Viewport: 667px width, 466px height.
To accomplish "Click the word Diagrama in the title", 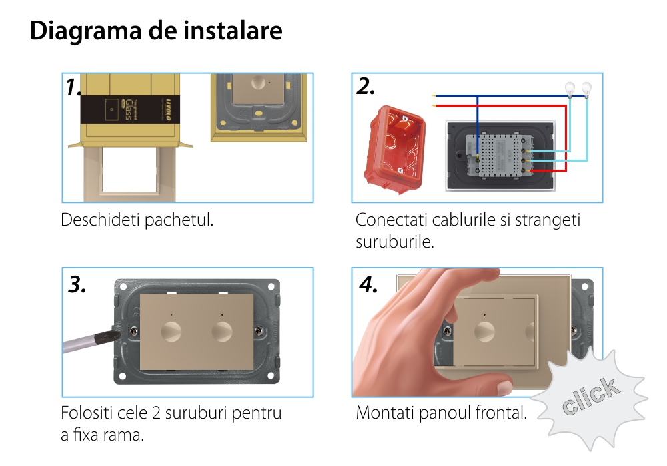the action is pos(86,31).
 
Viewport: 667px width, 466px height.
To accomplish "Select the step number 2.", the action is pos(366,86).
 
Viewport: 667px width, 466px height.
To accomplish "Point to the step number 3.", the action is pos(77,284).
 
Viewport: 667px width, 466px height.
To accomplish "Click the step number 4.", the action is pos(368,284).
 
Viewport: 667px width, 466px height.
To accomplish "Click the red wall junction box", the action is pos(395,149).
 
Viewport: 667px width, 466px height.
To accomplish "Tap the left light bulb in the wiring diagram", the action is pos(570,89).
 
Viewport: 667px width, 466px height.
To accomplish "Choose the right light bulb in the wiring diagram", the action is pos(586,89).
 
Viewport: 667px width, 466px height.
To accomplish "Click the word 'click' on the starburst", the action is pos(590,396).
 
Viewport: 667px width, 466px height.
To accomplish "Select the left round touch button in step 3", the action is pos(171,332).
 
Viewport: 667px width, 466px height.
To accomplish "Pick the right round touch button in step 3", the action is pos(222,332).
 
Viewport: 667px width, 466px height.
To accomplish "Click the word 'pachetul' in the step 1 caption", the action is pos(179,220).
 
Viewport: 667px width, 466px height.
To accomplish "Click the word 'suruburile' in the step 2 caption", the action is pos(395,242).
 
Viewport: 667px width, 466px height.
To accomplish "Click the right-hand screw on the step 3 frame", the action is pos(259,331).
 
